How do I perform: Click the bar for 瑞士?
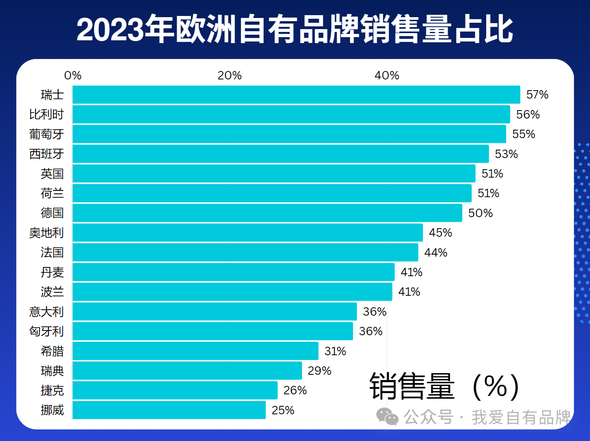[x=296, y=95]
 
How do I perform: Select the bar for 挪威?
[x=169, y=410]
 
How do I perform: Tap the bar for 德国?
[x=267, y=213]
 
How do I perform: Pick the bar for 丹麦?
[x=233, y=272]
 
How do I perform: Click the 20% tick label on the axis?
[x=229, y=75]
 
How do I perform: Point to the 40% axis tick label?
[x=387, y=75]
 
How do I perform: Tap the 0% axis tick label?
[x=73, y=75]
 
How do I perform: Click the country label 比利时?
[x=46, y=115]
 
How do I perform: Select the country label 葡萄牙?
[x=46, y=134]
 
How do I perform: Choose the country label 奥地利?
[x=46, y=233]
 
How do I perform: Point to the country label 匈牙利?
[x=46, y=331]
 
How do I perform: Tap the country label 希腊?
[x=52, y=351]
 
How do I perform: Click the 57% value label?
[x=537, y=95]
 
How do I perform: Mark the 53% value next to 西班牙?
[x=506, y=154]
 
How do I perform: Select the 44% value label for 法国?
[x=435, y=253]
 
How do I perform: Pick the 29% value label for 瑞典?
[x=319, y=371]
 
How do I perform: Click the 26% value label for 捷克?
[x=295, y=390]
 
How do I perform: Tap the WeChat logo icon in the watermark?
[x=387, y=417]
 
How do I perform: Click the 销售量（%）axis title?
[x=444, y=386]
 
